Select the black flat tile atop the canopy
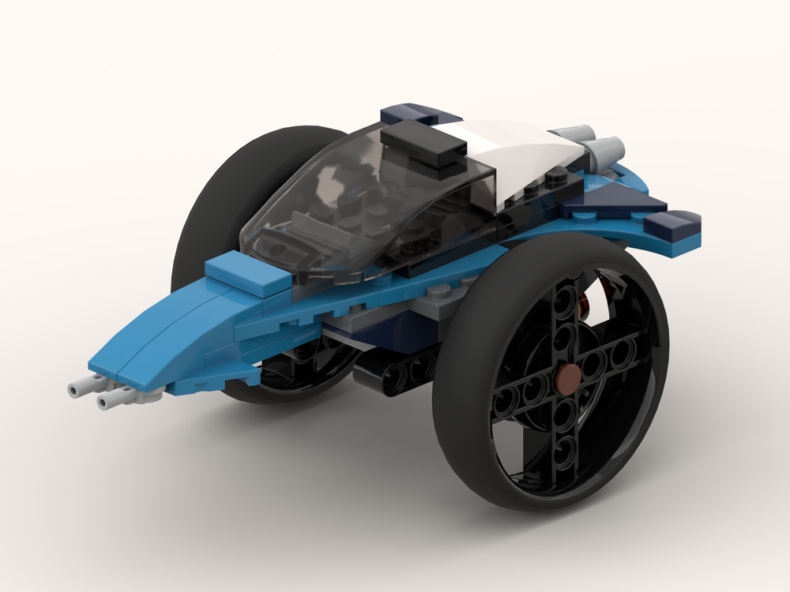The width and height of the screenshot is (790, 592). [x=427, y=145]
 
